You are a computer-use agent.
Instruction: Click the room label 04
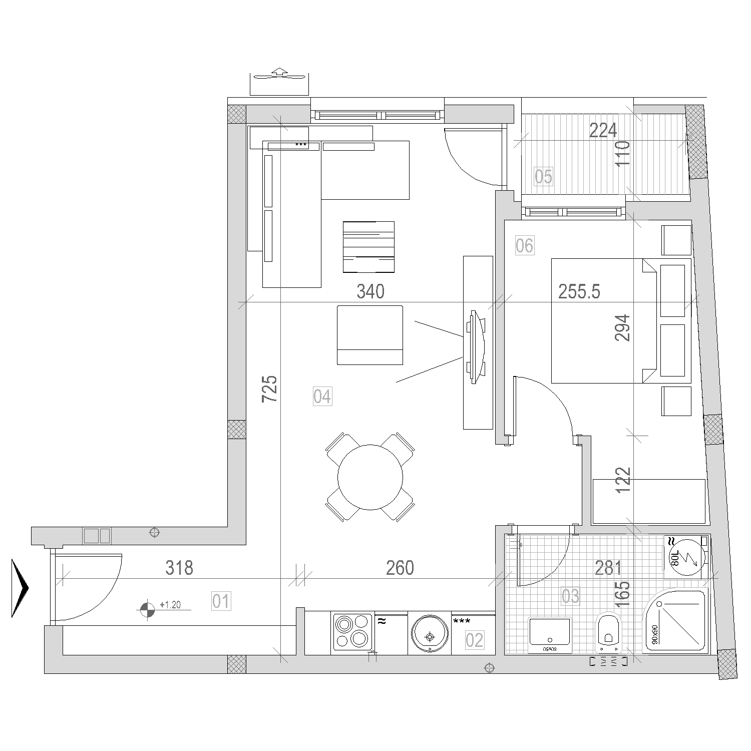click(322, 397)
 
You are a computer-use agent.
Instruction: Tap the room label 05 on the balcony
click(543, 177)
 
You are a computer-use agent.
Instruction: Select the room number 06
click(524, 245)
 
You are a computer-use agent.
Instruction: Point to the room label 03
click(570, 596)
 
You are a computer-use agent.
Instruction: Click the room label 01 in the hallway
click(221, 601)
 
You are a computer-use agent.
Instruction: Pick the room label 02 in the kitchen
click(474, 640)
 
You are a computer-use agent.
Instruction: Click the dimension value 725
click(269, 389)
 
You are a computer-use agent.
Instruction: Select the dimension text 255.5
click(579, 291)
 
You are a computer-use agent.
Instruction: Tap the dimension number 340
click(370, 291)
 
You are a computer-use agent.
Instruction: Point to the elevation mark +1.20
click(170, 605)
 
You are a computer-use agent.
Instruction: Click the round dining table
click(370, 477)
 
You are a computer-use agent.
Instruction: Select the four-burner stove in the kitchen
click(352, 633)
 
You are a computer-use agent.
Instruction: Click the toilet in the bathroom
click(608, 632)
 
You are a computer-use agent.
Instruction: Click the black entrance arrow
click(20, 588)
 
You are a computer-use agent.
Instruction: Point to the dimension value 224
click(603, 131)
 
